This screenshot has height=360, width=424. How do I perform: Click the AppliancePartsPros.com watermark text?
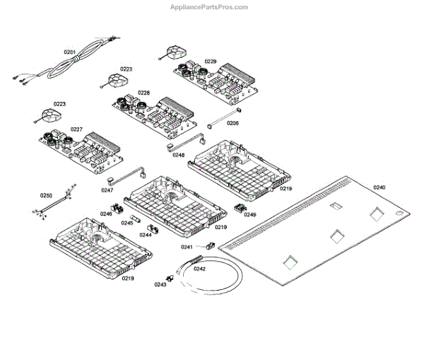click(x=210, y=7)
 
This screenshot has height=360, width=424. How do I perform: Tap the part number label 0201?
click(x=69, y=52)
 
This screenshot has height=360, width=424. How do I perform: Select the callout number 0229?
click(x=211, y=62)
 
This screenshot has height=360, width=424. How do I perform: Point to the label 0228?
click(x=143, y=93)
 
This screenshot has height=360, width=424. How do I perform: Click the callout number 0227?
click(x=76, y=129)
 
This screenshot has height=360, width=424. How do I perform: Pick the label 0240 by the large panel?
click(x=379, y=187)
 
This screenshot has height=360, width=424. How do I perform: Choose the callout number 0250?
click(x=46, y=194)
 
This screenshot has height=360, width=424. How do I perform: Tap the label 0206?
click(x=232, y=123)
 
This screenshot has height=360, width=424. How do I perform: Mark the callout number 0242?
click(x=199, y=268)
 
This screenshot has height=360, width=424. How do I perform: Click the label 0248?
click(x=178, y=155)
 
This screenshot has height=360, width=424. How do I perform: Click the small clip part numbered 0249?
click(x=239, y=209)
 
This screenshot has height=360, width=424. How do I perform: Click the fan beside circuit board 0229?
click(x=172, y=53)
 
